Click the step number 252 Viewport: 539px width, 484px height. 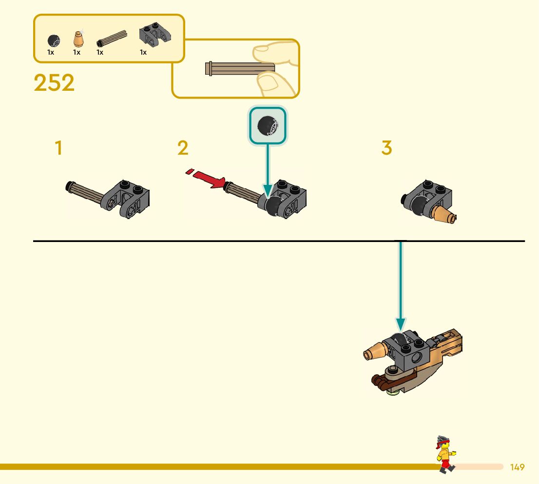54,83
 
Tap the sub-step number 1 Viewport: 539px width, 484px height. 58,148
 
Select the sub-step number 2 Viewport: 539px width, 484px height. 183,148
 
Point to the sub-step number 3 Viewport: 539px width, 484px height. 386,148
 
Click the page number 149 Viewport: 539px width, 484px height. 517,467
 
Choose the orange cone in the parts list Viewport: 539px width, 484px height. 77,38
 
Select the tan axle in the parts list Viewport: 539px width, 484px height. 112,38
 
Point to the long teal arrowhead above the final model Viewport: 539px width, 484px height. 400,324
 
